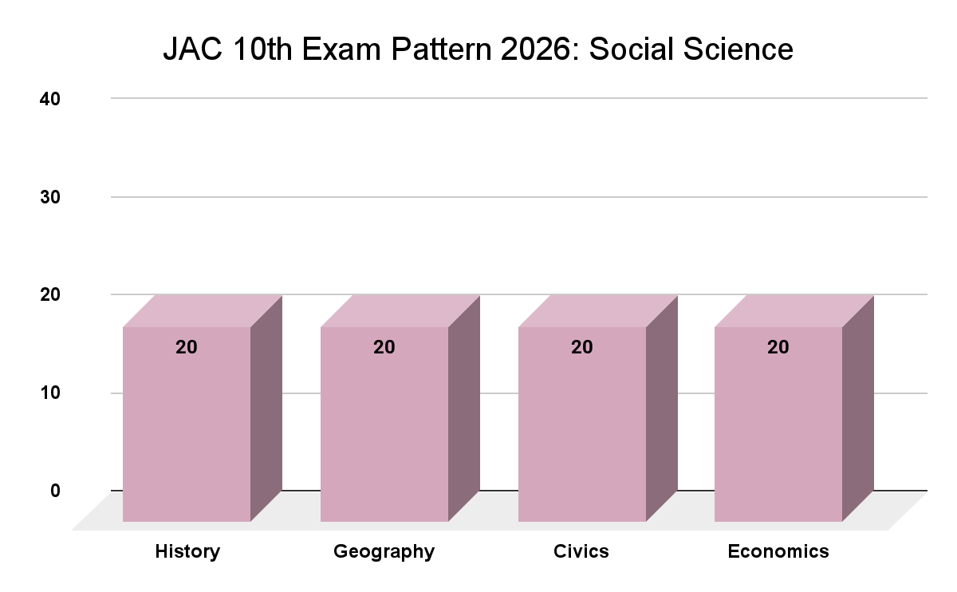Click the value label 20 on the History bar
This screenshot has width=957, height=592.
click(x=187, y=347)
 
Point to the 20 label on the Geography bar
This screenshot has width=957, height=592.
click(x=384, y=347)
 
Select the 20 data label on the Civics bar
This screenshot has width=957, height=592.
click(x=582, y=347)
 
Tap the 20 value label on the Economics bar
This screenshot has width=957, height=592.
click(x=778, y=347)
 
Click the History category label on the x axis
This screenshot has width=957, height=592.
click(x=187, y=551)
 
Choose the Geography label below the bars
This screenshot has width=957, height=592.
click(x=384, y=552)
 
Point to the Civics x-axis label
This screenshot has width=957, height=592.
click(x=581, y=551)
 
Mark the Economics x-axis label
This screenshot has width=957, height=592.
click(x=778, y=551)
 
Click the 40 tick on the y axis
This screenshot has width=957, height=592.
click(x=50, y=99)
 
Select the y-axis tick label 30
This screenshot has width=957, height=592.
click(x=50, y=197)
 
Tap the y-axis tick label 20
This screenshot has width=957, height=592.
click(x=50, y=295)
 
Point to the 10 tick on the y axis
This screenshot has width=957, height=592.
click(x=50, y=393)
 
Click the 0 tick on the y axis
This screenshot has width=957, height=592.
click(x=56, y=490)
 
